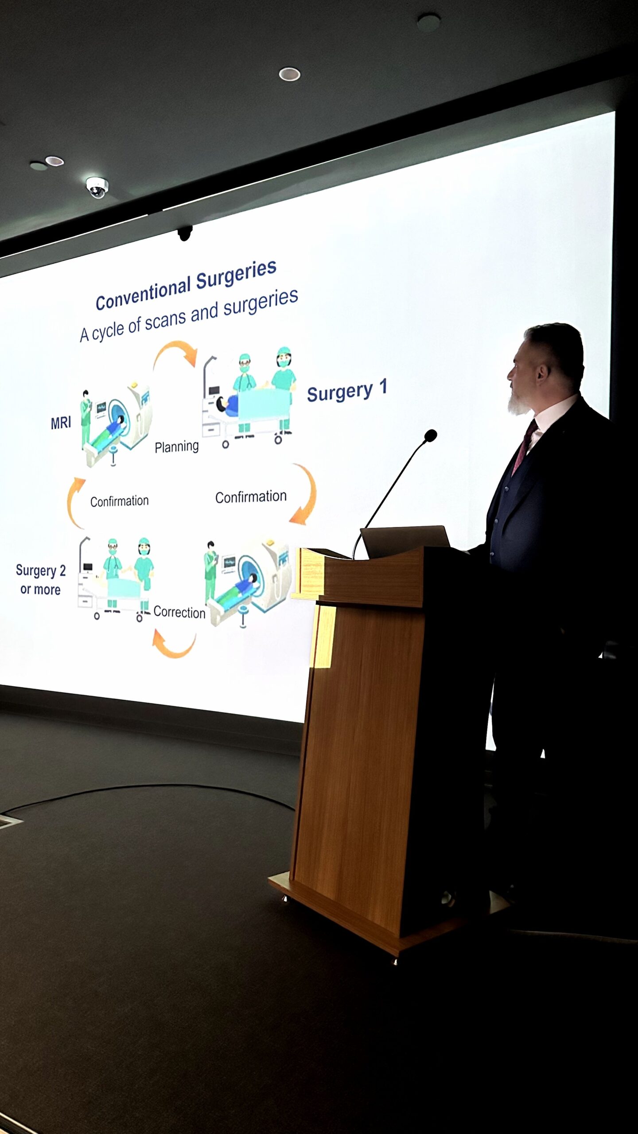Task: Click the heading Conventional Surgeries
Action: coord(186,284)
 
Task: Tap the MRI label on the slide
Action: coord(61,423)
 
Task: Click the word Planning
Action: coord(176,447)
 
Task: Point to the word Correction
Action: coord(179,612)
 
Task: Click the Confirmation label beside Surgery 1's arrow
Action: coord(251,497)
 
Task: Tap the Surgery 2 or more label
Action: coord(40,579)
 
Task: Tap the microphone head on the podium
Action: coord(430,435)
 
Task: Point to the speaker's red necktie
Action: coord(525,445)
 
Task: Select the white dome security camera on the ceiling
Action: coord(97,187)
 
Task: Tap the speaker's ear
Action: coord(542,374)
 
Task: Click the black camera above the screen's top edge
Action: coord(185,233)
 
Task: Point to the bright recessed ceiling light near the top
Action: coord(289,74)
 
